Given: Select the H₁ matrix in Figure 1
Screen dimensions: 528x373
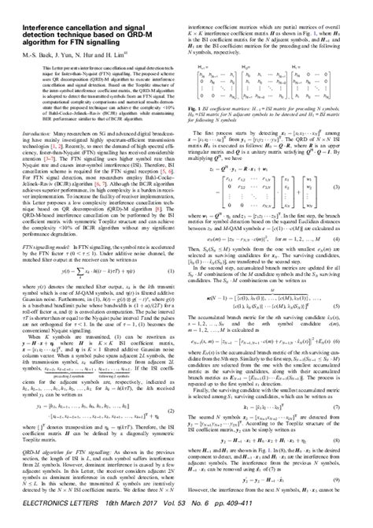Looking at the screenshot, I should coord(327,79).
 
